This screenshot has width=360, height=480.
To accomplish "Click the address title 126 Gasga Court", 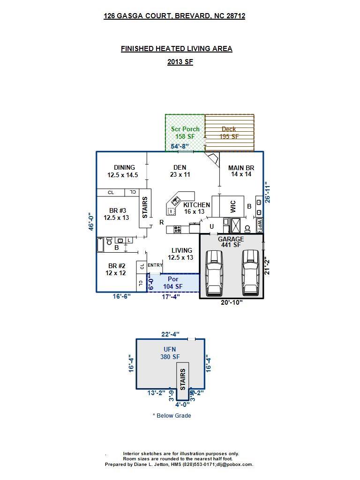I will [174, 16].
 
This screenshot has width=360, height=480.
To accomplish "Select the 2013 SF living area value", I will [180, 62].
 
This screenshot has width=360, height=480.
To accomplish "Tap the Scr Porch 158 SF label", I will [185, 133].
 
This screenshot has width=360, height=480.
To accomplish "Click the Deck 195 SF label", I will [229, 133].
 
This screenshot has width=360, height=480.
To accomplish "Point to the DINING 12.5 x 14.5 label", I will [124, 171].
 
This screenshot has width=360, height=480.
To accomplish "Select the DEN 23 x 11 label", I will [180, 171].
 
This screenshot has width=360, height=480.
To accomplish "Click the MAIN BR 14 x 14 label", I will [241, 171].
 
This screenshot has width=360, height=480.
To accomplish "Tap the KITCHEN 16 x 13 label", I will [196, 209].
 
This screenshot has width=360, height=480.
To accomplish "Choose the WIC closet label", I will [233, 207].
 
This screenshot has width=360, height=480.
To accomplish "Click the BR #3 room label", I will [116, 214].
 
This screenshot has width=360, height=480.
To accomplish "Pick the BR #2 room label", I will [115, 269].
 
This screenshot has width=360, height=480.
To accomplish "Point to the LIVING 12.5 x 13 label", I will [181, 254].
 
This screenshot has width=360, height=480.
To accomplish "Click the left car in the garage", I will [214, 273].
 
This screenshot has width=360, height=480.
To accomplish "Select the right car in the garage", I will [250, 273].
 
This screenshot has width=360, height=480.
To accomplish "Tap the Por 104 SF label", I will [172, 283].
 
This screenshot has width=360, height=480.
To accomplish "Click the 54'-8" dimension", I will [180, 147].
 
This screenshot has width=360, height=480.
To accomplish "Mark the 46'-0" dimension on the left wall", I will [92, 222].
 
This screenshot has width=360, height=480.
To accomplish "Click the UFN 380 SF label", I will [170, 353].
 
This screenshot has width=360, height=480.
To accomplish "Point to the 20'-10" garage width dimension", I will [232, 303].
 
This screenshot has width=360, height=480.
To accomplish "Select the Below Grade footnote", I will [172, 416].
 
